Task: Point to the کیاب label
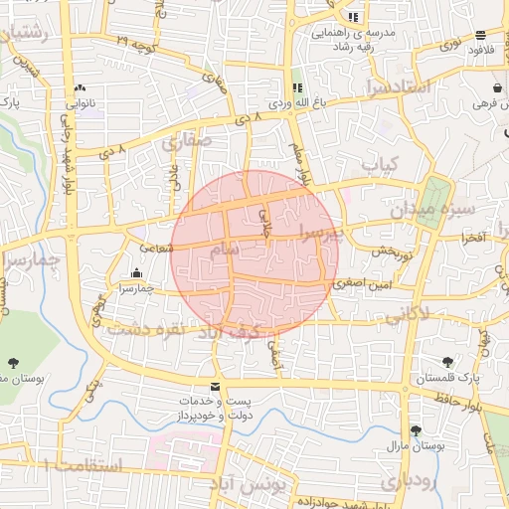(x=379, y=162)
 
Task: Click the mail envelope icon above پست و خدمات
(x=215, y=386)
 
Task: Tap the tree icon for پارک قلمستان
(x=446, y=364)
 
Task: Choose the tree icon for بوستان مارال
(x=415, y=430)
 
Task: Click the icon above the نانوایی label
(x=80, y=87)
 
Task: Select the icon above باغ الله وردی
(x=297, y=87)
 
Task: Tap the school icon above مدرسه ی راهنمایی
(x=353, y=17)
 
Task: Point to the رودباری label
(x=406, y=482)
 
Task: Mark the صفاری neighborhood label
(x=185, y=144)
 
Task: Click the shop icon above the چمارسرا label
(x=135, y=272)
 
